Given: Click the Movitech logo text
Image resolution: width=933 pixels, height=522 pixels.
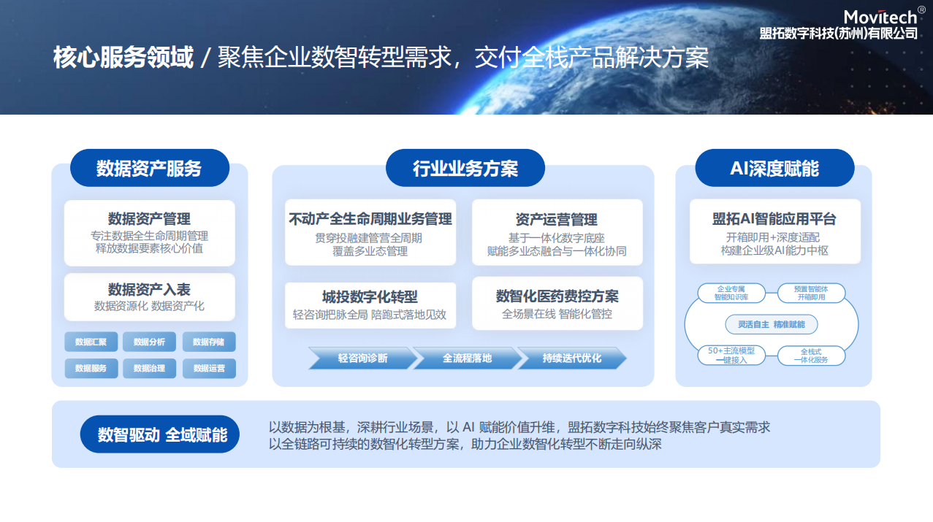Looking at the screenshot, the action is [x=880, y=17].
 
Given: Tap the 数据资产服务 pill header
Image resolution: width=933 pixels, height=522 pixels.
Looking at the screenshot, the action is [x=150, y=168].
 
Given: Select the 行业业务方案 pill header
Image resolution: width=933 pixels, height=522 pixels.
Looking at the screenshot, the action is [x=465, y=168].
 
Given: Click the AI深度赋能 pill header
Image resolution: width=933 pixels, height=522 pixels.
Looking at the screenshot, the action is [x=774, y=168].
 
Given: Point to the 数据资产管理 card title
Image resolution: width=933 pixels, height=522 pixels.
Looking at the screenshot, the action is [x=149, y=218].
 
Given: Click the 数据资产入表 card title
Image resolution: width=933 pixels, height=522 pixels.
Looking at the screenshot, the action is [x=149, y=289].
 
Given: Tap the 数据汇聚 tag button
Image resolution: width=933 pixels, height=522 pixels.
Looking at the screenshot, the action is [x=91, y=342].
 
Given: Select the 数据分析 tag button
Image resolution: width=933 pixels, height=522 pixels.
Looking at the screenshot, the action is [x=149, y=342].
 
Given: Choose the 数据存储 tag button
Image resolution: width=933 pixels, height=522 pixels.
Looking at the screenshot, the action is [x=209, y=342].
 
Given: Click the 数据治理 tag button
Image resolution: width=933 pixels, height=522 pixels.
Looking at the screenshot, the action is [x=149, y=369].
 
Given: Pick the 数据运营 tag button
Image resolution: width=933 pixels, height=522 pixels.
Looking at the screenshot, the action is [x=209, y=369].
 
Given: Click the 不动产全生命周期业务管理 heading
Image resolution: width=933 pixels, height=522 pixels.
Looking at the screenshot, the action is [x=370, y=219].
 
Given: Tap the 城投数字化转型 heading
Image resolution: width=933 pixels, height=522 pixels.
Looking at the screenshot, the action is [x=370, y=297].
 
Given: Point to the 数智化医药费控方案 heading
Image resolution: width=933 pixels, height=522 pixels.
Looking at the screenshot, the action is [x=557, y=296].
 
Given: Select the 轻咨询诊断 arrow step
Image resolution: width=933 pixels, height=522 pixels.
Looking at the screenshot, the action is [x=362, y=358].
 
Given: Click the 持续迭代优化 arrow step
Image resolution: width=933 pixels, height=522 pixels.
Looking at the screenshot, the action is [x=571, y=358].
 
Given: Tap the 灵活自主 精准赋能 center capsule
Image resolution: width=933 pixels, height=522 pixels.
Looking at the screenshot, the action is [x=772, y=324].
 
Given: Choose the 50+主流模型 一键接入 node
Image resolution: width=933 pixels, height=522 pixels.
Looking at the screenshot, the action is [x=731, y=356].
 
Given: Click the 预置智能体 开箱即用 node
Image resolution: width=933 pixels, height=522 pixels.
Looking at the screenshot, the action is [x=811, y=293].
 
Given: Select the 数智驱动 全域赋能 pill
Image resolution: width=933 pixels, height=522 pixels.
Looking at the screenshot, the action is [x=160, y=434].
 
